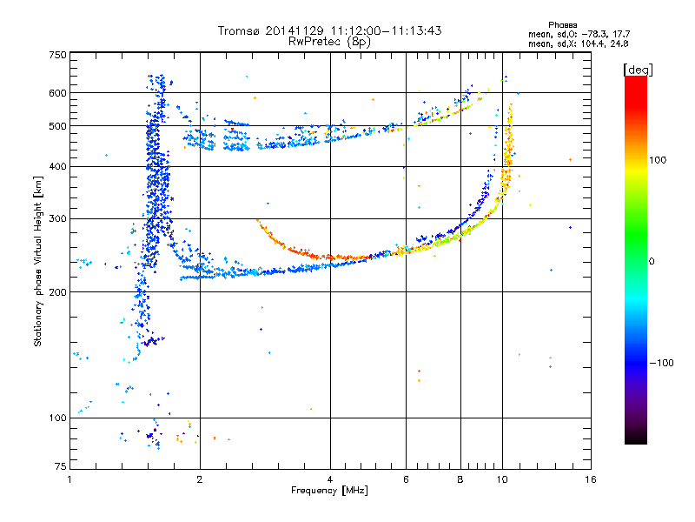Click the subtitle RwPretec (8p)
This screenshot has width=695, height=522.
(329, 42)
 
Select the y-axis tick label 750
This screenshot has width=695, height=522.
(57, 55)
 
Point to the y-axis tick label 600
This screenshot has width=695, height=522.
(57, 93)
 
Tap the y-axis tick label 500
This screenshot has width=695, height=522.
(57, 126)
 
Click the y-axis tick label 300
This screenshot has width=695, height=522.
(57, 219)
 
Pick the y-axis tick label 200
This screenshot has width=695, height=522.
(57, 292)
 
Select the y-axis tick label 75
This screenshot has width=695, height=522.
(61, 466)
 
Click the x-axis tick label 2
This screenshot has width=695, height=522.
(200, 479)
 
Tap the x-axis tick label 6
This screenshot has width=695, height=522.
(406, 479)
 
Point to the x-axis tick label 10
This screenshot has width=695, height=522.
(502, 479)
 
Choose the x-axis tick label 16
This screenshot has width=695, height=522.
(591, 479)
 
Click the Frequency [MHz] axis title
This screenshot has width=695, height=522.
(329, 491)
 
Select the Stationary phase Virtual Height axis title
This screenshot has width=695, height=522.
(38, 262)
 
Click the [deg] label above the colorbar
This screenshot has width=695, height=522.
(638, 70)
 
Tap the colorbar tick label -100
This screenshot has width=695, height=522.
(661, 363)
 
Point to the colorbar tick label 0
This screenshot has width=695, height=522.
(652, 262)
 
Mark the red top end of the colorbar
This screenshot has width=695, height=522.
(636, 78)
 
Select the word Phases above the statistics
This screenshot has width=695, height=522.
(562, 25)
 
